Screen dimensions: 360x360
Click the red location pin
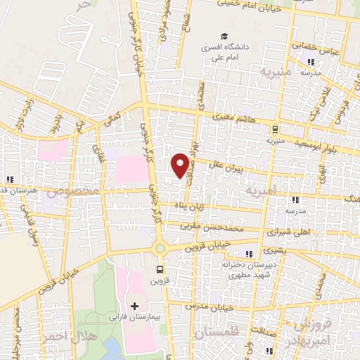tap(181, 164)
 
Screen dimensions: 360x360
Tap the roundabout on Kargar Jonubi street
tap(160, 247)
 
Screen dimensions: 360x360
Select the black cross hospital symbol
tap(134, 306)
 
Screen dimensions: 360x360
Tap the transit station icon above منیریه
tap(275, 129)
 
